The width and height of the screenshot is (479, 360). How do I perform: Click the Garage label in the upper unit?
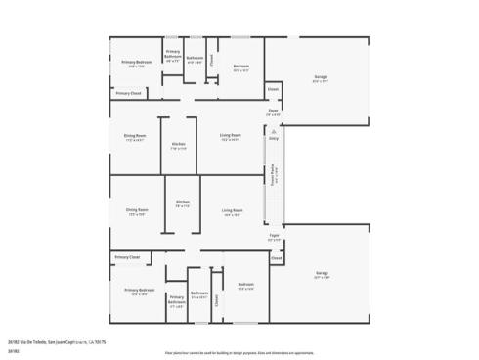(320, 77)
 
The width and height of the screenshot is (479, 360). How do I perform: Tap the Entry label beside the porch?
(274, 140)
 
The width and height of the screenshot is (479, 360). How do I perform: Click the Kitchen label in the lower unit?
(181, 204)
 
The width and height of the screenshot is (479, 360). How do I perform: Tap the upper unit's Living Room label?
(231, 135)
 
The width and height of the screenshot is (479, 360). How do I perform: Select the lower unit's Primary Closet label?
(127, 257)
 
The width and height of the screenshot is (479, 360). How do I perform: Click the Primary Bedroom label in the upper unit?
(136, 63)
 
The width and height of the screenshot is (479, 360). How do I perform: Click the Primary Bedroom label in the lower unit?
(140, 290)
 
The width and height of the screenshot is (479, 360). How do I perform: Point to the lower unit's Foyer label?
(274, 236)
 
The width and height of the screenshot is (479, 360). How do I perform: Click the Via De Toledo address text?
(56, 341)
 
